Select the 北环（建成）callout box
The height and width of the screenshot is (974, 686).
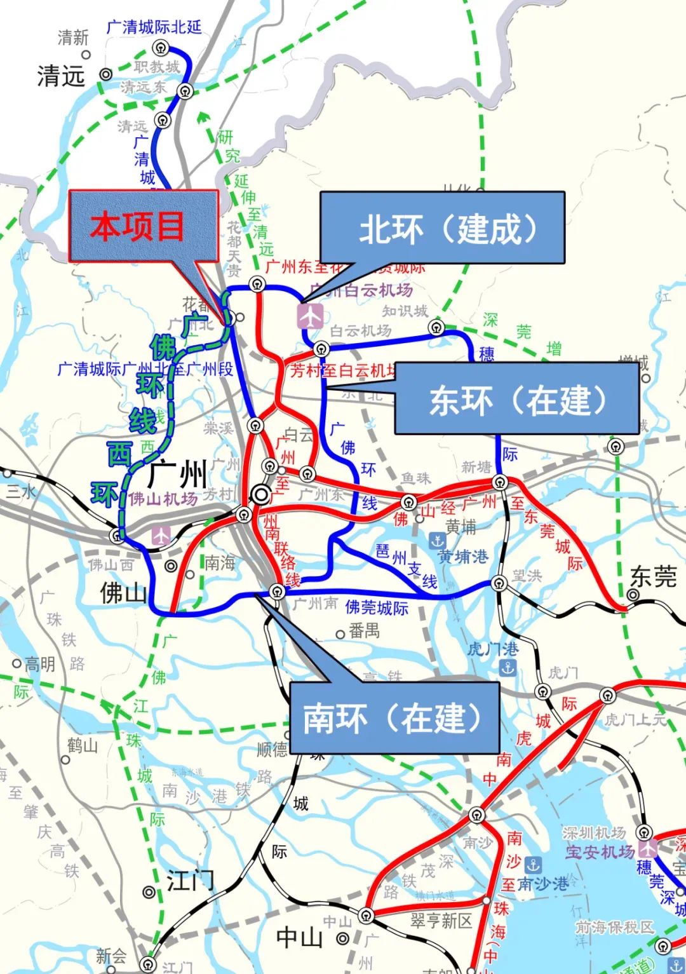(442, 227)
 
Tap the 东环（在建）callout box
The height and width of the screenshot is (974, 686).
(516, 398)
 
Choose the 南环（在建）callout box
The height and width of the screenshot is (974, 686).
(394, 717)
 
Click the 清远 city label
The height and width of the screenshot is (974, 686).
(60, 76)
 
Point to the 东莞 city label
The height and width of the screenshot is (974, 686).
(653, 577)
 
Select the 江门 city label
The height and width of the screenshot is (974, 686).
(190, 881)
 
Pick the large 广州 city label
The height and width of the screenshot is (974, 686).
(178, 474)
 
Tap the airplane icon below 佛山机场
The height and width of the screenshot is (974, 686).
(162, 534)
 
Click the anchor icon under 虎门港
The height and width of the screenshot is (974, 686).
(508, 667)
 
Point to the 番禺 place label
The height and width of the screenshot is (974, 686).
(364, 630)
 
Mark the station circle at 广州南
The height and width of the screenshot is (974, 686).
(276, 592)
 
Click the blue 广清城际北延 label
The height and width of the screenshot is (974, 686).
(154, 27)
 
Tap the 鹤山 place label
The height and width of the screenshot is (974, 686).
(83, 745)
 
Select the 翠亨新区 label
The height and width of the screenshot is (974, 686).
(441, 921)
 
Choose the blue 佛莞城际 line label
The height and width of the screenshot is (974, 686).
(377, 607)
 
